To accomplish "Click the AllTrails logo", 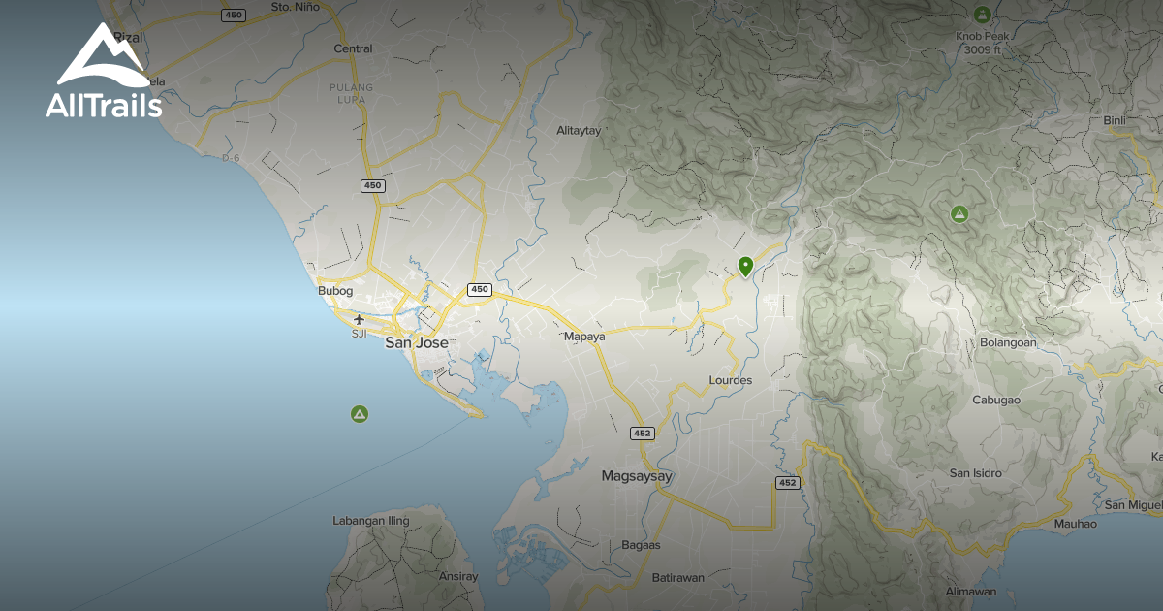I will [x=103, y=72].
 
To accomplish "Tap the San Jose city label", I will [x=417, y=342].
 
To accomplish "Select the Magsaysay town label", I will [x=637, y=476].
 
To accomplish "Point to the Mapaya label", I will [x=584, y=337].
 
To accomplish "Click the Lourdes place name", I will [x=731, y=380].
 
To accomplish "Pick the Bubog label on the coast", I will [x=335, y=290].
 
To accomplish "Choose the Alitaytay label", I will [x=579, y=130].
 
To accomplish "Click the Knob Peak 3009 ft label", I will [x=982, y=43].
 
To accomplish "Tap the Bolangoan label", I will [x=1008, y=342].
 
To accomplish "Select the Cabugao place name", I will [x=997, y=400].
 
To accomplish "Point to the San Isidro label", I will [x=975, y=473].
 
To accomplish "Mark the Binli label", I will [x=1115, y=120].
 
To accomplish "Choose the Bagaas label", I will [x=641, y=545].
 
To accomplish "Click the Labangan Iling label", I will [x=371, y=521].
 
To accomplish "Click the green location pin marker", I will [x=745, y=266].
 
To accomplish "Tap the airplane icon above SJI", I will [x=360, y=319].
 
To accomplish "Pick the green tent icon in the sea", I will [x=360, y=414].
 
